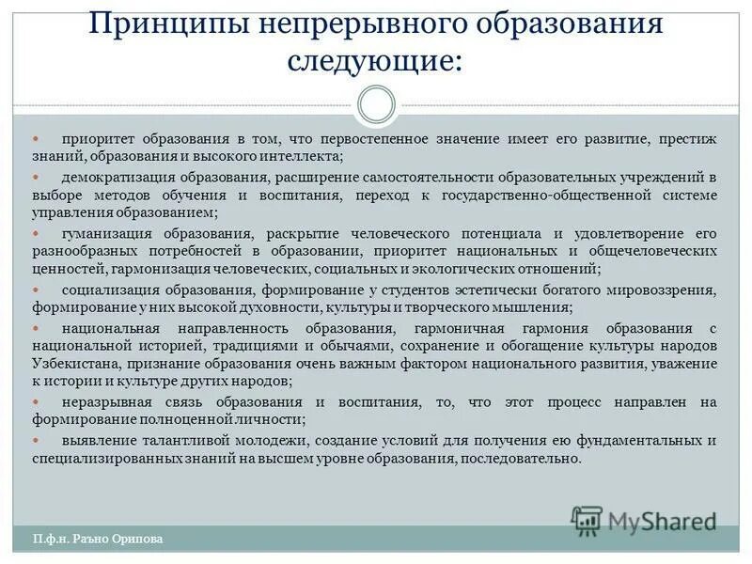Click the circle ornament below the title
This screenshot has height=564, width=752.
tap(376, 104)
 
